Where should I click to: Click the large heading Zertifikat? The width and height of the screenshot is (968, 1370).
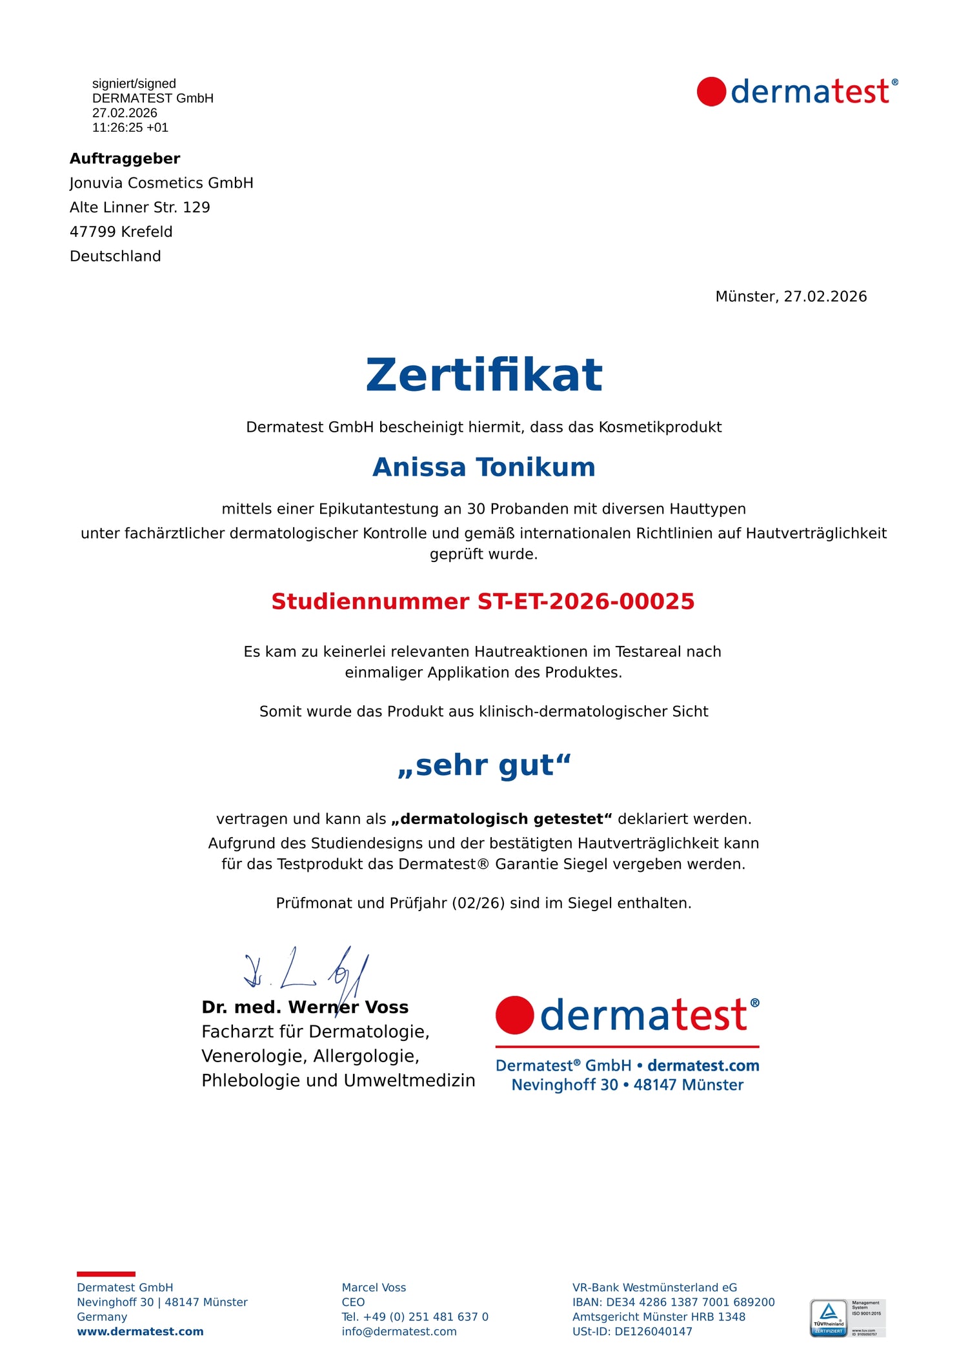[483, 375]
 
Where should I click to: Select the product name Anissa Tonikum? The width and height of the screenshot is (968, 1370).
[483, 467]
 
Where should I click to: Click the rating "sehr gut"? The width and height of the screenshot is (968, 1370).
[484, 765]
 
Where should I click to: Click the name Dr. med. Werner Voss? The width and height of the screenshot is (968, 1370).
[305, 1007]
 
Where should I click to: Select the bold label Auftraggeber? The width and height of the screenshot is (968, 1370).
[125, 159]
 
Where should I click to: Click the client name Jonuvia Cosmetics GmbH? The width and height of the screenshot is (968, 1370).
[161, 183]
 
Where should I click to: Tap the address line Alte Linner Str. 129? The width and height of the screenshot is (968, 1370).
[139, 208]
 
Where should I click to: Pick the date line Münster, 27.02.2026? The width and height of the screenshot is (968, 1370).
[791, 297]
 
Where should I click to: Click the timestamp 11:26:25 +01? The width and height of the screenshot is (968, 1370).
[130, 128]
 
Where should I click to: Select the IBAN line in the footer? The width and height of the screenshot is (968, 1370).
[673, 1302]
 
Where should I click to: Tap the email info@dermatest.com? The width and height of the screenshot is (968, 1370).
[399, 1332]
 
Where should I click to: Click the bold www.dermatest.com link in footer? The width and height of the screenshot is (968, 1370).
[140, 1332]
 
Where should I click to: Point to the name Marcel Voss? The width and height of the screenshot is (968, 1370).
[374, 1288]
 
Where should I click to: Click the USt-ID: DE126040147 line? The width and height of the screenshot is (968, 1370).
[632, 1332]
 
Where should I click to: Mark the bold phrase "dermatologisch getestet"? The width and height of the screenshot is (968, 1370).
[501, 820]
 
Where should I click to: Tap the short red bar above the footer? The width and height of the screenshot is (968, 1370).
[106, 1274]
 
